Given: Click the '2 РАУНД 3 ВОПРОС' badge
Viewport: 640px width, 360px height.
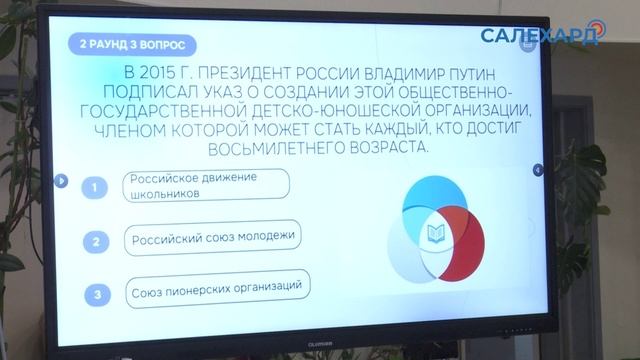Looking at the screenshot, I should pyautogui.click(x=130, y=45).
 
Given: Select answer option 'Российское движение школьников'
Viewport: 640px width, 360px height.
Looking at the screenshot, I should pyautogui.click(x=206, y=186).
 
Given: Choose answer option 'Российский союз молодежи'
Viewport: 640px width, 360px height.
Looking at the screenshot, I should pyautogui.click(x=214, y=240).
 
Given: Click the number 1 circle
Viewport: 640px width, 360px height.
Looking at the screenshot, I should pyautogui.click(x=94, y=188).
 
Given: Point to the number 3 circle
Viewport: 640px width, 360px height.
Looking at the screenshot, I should pyautogui.click(x=96, y=294).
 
